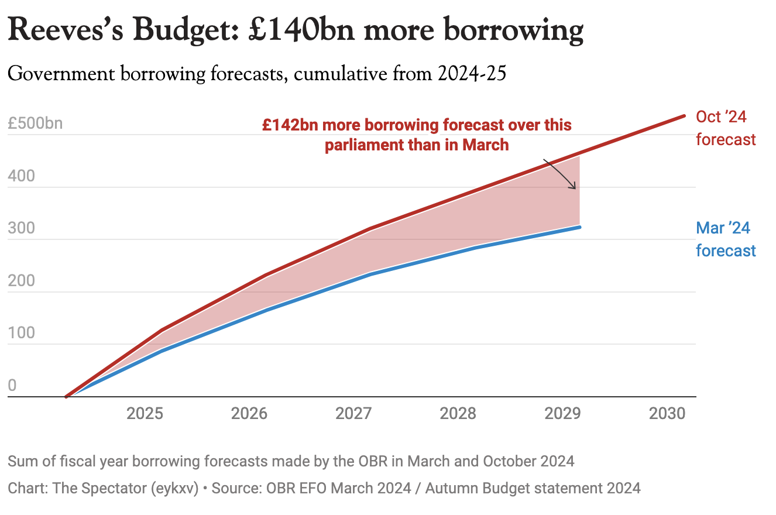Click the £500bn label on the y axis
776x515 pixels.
coord(35,125)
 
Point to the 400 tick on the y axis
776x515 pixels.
coord(22,177)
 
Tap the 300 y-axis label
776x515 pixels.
coord(22,229)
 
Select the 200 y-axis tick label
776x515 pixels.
coord(22,281)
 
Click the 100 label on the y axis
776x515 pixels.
coord(22,334)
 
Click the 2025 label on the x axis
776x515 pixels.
coord(145,414)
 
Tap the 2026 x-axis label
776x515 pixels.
coord(249,414)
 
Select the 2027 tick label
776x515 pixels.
coord(353,414)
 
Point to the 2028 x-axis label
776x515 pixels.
coord(458,414)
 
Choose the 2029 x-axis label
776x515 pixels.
coord(562,414)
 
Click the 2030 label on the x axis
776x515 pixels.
coord(667,414)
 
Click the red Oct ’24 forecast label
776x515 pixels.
coord(725,128)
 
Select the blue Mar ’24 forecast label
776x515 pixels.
coord(725,239)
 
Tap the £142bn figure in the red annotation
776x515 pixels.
coord(286,125)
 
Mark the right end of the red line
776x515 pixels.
coord(684,116)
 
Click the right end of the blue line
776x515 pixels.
coord(579,227)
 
